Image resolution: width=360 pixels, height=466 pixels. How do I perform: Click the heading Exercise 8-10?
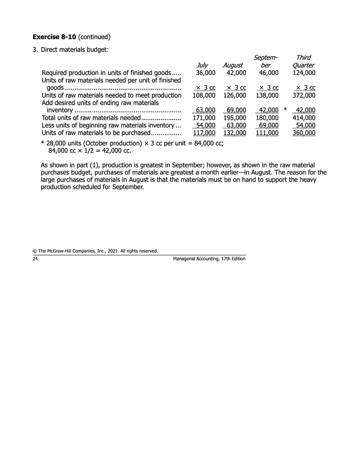[55, 37]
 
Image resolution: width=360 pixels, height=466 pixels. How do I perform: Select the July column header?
[202, 65]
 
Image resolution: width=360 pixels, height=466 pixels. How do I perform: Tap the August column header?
[233, 65]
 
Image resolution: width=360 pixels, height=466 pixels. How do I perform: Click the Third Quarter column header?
[304, 61]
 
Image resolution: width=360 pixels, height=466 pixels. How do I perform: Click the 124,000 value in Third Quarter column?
[304, 73]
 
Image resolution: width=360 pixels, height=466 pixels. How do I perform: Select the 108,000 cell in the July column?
[204, 95]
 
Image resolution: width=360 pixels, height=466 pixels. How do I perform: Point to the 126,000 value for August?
[234, 95]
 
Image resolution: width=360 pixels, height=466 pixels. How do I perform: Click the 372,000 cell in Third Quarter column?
[304, 95]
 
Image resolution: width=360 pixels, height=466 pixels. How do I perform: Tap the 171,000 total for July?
[204, 118]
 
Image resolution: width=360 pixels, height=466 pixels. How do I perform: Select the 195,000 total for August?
[234, 118]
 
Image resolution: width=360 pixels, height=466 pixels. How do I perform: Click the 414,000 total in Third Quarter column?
[304, 118]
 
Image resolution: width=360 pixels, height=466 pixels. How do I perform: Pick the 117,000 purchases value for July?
[204, 133]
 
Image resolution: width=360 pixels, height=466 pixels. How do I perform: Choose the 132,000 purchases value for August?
[234, 133]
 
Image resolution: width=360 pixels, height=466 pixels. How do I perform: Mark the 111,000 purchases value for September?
[267, 133]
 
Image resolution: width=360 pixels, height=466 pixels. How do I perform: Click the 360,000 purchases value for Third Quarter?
[304, 133]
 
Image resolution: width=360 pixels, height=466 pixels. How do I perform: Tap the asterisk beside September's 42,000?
[285, 110]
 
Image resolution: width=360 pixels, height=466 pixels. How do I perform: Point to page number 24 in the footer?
[35, 259]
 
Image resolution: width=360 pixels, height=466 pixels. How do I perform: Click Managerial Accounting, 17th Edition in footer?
[209, 259]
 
